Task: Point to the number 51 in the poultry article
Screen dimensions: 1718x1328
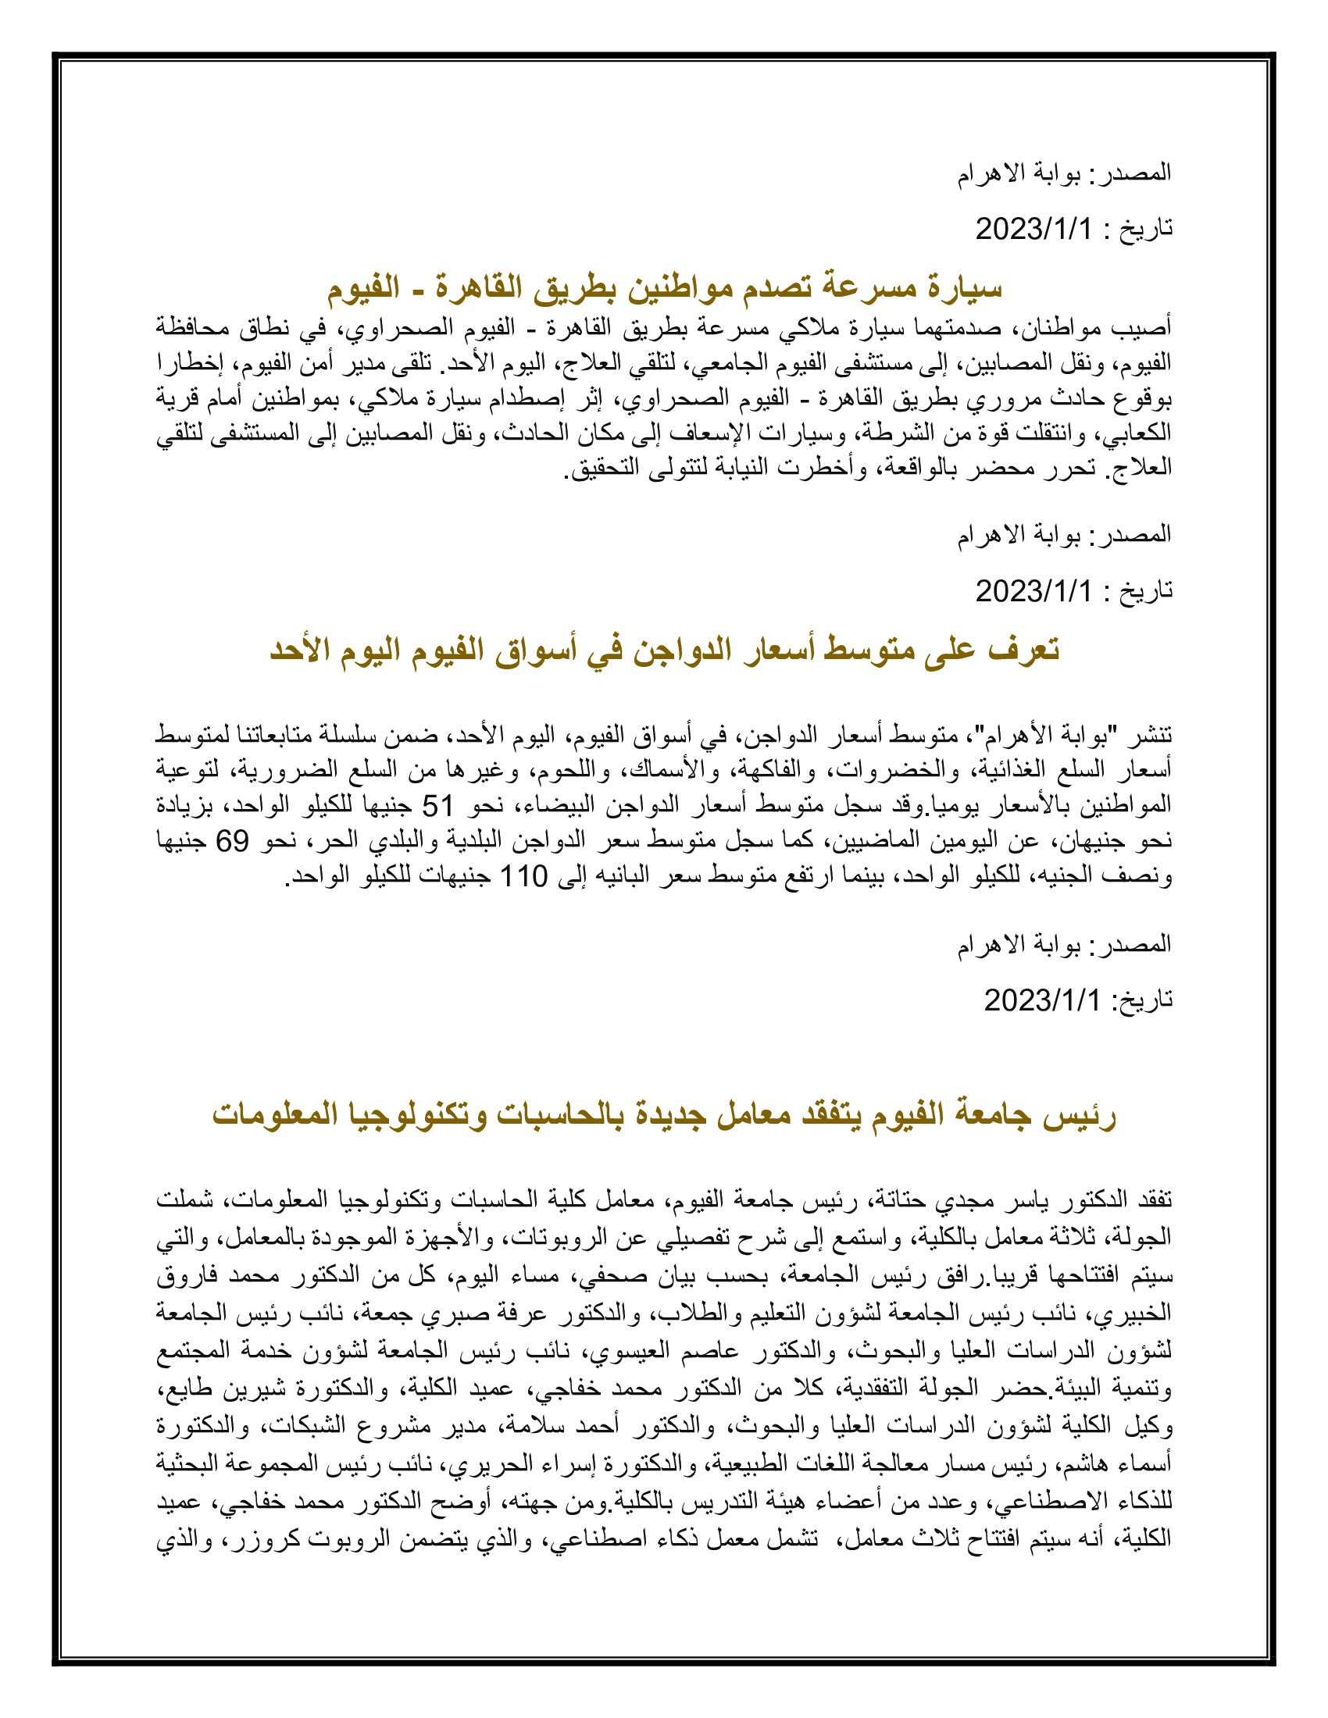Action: coord(438,806)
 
